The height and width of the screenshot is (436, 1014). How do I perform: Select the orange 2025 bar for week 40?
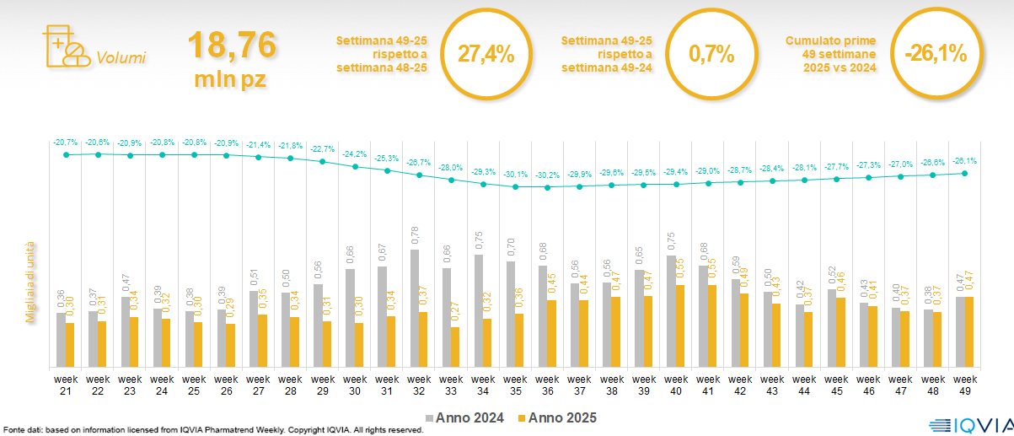point(679,326)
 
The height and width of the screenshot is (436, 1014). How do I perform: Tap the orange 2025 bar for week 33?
point(455,347)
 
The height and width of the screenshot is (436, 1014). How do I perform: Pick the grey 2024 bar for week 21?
point(61,340)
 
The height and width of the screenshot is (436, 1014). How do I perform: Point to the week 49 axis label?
point(965,384)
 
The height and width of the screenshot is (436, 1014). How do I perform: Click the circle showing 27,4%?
point(486,54)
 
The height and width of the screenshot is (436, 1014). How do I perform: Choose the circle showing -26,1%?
point(936,54)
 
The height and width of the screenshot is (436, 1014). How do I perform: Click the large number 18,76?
point(232,46)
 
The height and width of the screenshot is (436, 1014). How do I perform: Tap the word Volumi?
point(121,58)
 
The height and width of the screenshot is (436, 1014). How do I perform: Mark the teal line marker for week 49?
point(965,173)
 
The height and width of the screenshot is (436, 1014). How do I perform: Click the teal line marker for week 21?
point(65,154)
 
